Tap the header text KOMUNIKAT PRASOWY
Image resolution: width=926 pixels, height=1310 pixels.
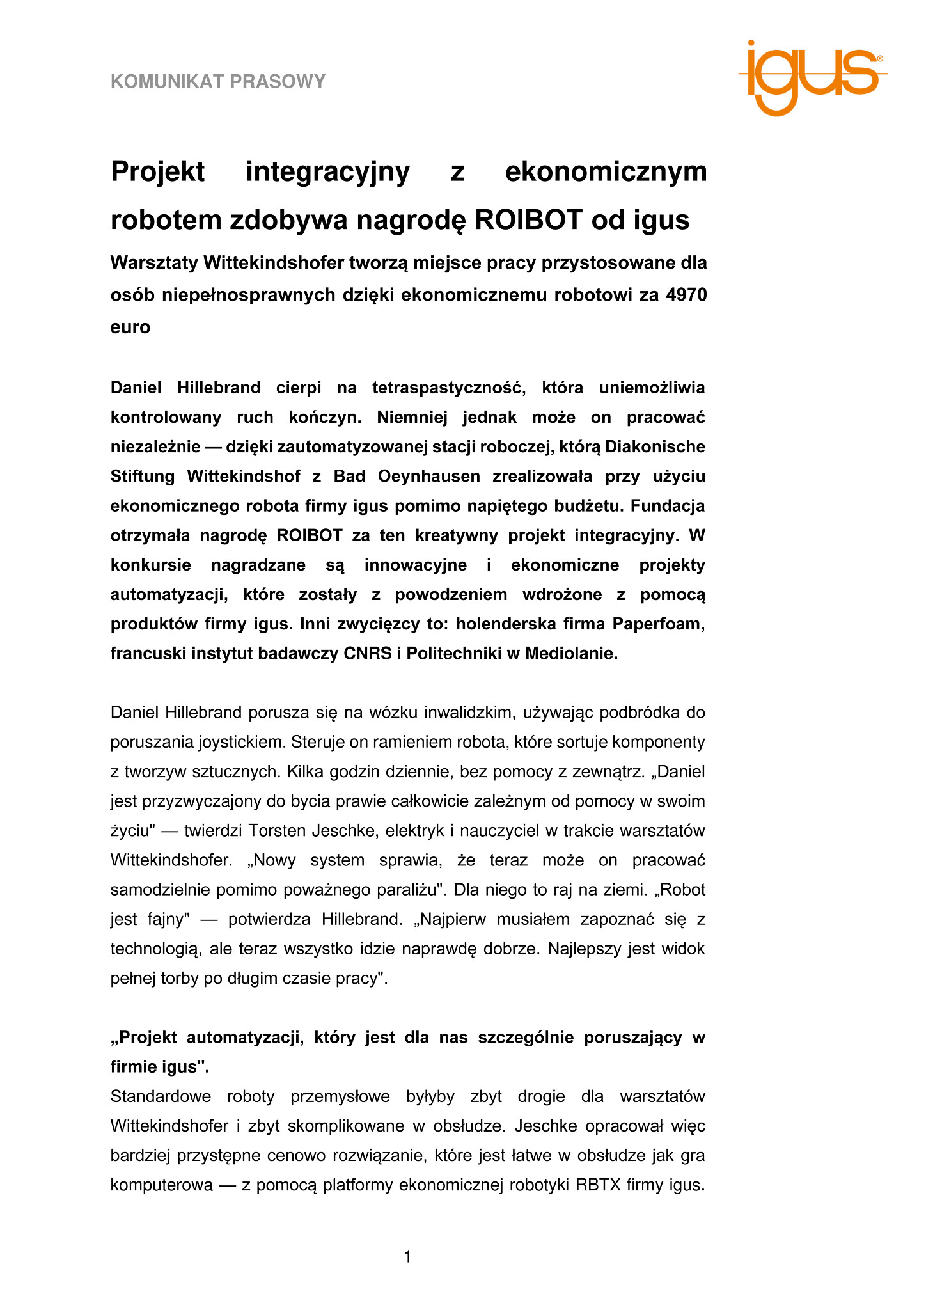click(218, 81)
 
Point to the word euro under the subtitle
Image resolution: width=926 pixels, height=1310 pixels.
click(130, 327)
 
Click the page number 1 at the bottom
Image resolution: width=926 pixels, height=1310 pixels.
click(408, 1258)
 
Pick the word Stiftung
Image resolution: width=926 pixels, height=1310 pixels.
click(143, 477)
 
